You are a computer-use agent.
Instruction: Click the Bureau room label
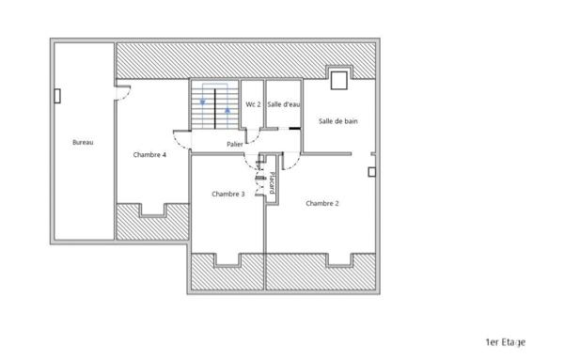(83, 143)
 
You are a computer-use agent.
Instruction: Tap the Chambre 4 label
(149, 155)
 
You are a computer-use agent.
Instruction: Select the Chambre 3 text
(228, 195)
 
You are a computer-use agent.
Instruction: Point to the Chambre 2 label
(322, 203)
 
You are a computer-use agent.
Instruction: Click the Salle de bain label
(337, 121)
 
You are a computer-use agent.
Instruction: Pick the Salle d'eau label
(283, 104)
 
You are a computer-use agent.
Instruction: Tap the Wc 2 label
(253, 104)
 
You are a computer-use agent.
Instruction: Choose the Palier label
(235, 144)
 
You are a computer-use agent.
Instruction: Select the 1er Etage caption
(505, 343)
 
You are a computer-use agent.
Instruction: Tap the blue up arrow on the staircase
(227, 111)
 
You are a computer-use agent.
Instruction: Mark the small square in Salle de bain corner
(338, 76)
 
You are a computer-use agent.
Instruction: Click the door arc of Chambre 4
(123, 92)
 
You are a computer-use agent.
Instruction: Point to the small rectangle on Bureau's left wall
(58, 96)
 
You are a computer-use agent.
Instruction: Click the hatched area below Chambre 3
(227, 274)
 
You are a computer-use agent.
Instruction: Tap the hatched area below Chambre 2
(321, 274)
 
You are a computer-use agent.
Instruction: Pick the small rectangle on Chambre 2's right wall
(372, 171)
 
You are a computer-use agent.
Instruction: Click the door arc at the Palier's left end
(181, 138)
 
